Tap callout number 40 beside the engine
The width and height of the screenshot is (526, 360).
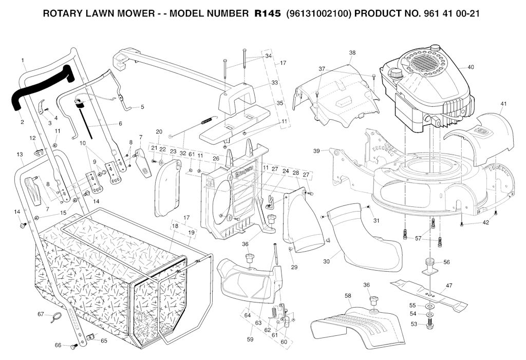point(471,67)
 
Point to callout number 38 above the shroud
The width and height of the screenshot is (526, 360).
point(352,53)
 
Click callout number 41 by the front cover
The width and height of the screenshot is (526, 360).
point(503,104)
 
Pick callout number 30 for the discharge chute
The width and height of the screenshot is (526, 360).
point(326,261)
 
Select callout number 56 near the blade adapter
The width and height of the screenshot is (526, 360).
point(446,262)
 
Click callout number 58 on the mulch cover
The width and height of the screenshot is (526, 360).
point(348,296)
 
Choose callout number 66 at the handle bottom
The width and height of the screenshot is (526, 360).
point(58,346)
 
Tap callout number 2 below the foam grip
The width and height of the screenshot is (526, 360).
point(22,122)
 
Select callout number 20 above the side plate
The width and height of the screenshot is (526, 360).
point(159,132)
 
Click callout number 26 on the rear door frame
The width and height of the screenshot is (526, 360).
point(216,159)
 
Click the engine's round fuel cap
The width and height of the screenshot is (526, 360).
point(396,73)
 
